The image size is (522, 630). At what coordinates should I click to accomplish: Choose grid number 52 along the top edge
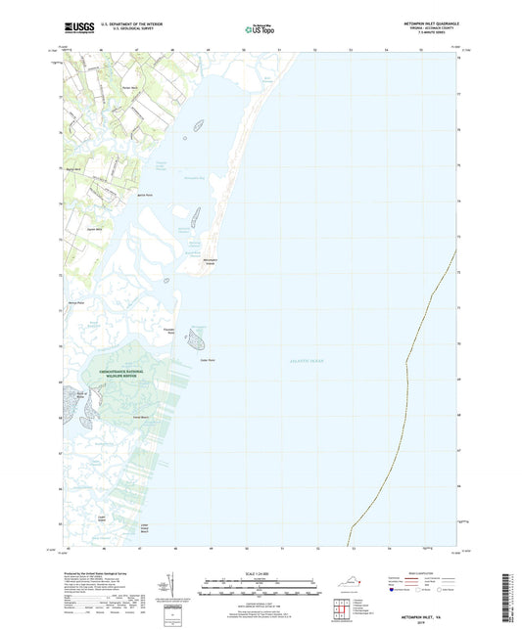pos(315,48)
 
